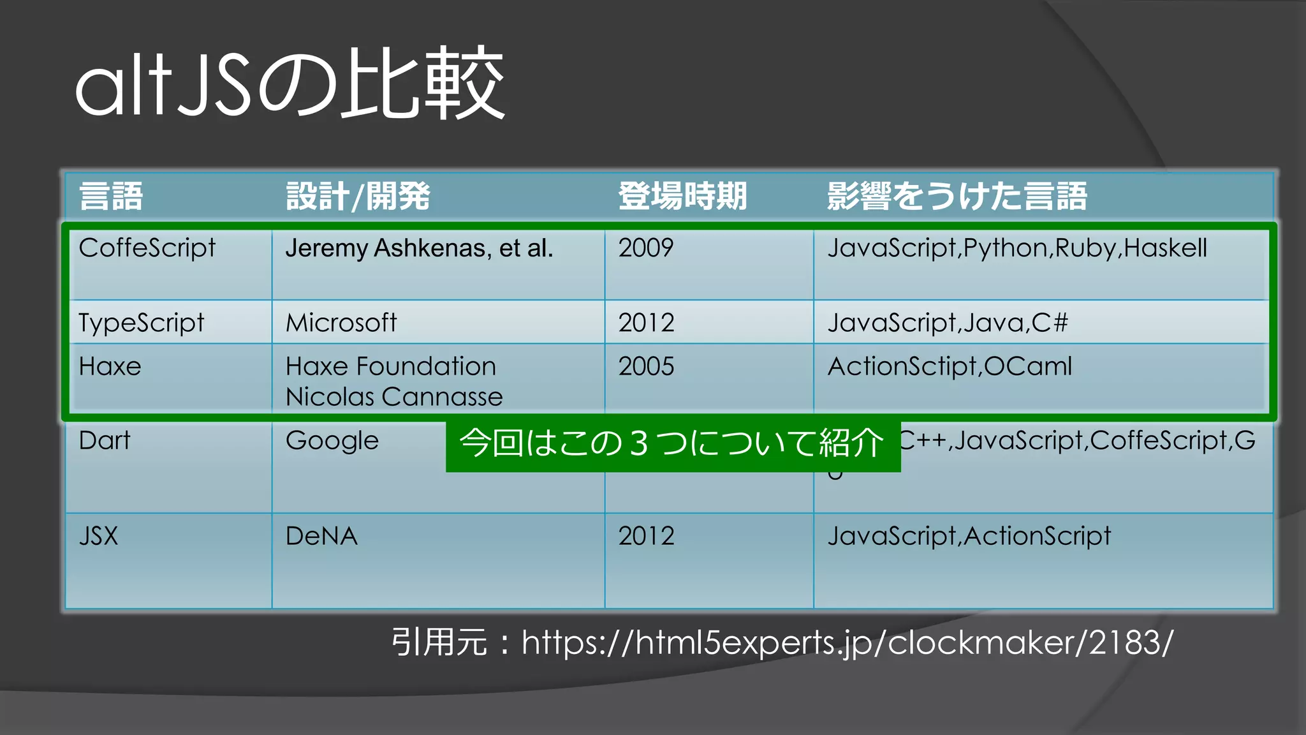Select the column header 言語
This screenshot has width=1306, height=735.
tap(111, 196)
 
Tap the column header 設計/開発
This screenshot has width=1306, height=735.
tap(358, 196)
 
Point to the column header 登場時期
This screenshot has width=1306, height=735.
tap(682, 196)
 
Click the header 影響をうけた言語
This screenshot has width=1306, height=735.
tap(957, 196)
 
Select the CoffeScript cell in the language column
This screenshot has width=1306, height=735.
tap(147, 248)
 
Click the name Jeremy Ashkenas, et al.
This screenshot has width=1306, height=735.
tap(419, 248)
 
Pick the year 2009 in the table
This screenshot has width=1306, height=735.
tap(645, 248)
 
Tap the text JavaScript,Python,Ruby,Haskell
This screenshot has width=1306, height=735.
tap(1017, 248)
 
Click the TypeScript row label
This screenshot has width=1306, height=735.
tap(142, 323)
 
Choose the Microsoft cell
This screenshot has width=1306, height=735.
tap(341, 323)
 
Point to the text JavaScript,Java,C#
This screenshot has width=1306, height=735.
tap(948, 323)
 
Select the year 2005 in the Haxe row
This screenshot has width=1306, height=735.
tap(646, 367)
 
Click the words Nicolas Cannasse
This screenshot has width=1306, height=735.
tap(394, 397)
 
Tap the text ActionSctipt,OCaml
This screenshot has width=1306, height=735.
tap(950, 367)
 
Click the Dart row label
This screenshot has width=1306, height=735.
tap(105, 441)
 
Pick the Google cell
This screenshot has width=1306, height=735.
tap(332, 441)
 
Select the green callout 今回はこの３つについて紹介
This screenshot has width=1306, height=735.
tap(672, 443)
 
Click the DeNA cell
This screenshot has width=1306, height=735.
tap(321, 536)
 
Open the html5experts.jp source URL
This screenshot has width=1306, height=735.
tap(847, 642)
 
